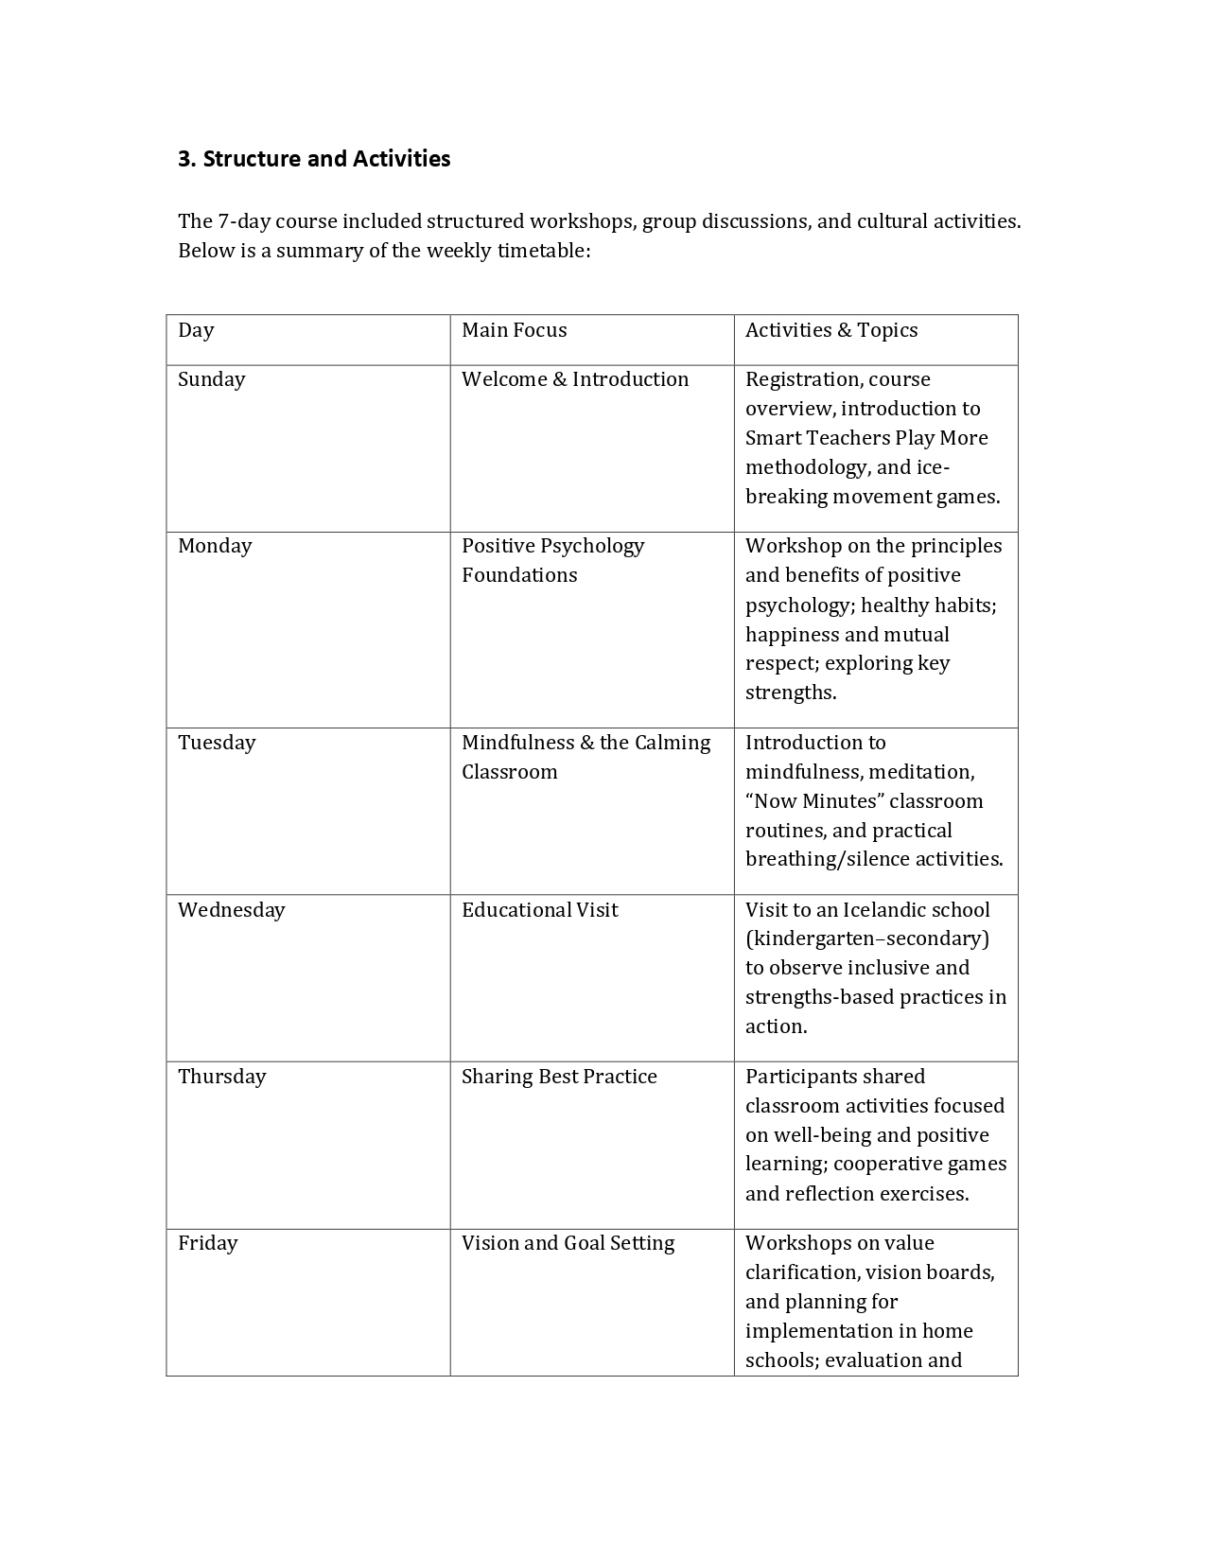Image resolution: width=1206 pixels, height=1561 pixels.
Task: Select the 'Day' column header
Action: click(x=196, y=330)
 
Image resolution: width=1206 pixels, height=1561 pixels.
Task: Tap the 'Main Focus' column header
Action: click(x=514, y=330)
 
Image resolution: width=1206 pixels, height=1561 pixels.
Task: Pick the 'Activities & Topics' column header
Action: click(x=830, y=330)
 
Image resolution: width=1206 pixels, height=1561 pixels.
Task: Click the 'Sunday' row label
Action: click(x=211, y=379)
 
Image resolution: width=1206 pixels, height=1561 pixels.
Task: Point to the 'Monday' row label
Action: click(x=215, y=546)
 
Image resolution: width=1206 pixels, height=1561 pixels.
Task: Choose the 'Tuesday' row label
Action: click(x=217, y=743)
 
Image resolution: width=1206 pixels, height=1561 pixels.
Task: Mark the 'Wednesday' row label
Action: click(x=231, y=910)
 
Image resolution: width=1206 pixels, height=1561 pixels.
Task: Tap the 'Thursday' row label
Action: click(x=221, y=1077)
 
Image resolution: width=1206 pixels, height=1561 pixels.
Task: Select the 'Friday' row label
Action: click(x=207, y=1243)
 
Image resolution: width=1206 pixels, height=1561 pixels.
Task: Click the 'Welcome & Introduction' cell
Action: click(x=574, y=379)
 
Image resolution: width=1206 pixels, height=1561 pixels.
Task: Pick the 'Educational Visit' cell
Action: click(x=539, y=910)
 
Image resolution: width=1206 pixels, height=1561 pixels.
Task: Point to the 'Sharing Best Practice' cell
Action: click(x=558, y=1077)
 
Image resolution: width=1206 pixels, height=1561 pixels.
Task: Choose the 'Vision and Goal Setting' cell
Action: click(x=568, y=1243)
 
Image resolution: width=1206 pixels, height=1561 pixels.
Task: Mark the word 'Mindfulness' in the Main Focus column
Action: click(x=517, y=743)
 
